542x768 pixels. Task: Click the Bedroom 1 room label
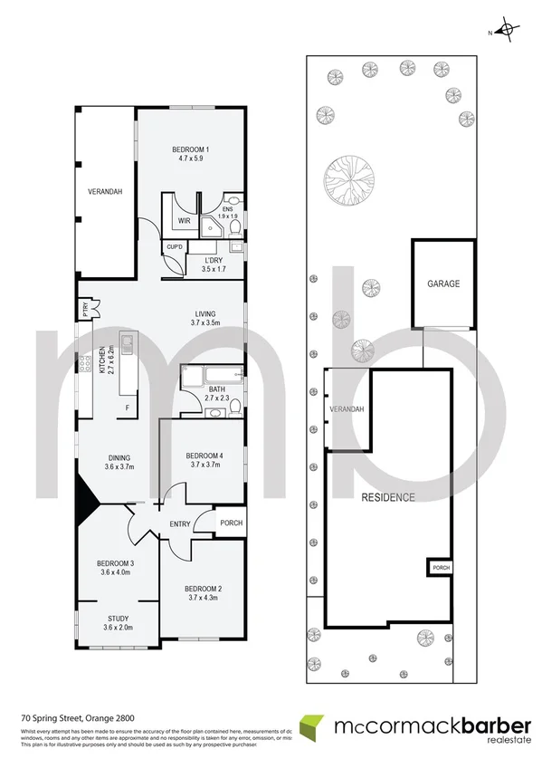[191, 149]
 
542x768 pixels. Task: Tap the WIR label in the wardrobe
[183, 220]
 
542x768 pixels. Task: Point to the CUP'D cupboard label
[175, 247]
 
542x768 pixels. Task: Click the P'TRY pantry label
[84, 309]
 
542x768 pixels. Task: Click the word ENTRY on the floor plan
[180, 524]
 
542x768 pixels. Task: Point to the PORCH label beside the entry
[232, 523]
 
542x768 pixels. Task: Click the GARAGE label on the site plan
[443, 283]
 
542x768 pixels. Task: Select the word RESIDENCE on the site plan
[388, 497]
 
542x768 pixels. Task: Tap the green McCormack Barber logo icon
[311, 727]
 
